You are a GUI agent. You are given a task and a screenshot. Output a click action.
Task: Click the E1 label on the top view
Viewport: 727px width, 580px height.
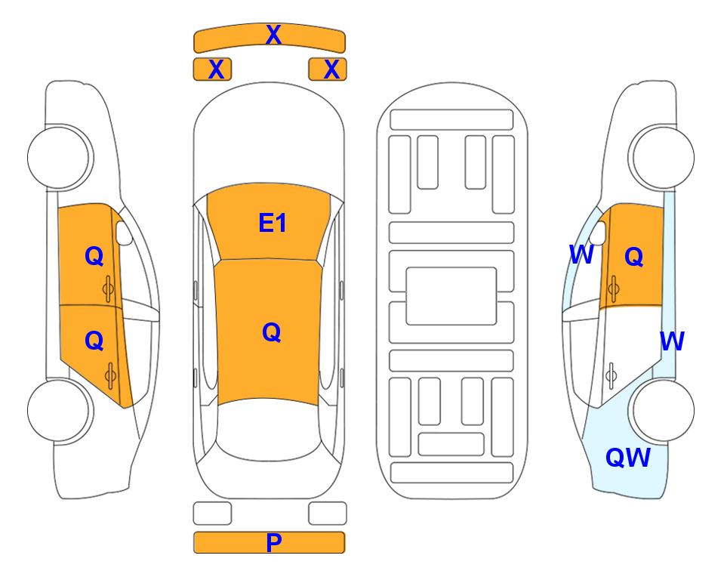point(273,223)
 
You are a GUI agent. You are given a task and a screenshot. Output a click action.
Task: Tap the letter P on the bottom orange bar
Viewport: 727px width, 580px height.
point(273,542)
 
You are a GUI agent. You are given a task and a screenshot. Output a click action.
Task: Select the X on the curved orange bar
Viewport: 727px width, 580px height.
point(273,35)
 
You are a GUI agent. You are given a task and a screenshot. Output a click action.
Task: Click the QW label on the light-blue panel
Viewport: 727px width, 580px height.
point(628,458)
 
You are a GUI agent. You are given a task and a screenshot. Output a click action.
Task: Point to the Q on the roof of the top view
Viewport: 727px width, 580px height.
point(271,332)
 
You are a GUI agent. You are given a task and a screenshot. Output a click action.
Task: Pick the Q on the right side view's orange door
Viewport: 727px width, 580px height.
point(634,256)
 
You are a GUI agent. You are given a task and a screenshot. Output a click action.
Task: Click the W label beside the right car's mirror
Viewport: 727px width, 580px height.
point(581,255)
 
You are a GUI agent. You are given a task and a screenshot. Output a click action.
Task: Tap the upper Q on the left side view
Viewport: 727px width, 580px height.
point(94,256)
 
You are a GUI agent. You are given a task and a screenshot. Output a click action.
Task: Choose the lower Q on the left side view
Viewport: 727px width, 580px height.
point(94,341)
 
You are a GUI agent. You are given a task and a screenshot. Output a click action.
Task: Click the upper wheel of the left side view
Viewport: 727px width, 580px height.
point(60,157)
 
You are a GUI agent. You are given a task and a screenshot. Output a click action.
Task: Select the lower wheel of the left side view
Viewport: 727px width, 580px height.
point(60,410)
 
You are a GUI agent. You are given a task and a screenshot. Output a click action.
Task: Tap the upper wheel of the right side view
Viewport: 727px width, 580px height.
point(661,157)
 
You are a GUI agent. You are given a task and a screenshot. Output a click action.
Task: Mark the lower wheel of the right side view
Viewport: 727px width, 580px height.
point(662,410)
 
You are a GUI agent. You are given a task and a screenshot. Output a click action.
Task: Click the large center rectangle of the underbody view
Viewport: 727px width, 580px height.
point(451,296)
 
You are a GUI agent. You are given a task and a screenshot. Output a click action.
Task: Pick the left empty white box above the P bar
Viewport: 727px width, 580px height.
point(212,514)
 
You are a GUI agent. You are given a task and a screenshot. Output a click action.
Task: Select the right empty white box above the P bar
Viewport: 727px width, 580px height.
point(328,514)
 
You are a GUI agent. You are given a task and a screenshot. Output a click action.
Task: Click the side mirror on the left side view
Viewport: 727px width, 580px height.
point(123,233)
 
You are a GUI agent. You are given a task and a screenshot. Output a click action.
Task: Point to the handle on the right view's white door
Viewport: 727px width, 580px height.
point(611,376)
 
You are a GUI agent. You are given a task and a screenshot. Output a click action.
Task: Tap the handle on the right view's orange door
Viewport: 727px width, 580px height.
point(613,288)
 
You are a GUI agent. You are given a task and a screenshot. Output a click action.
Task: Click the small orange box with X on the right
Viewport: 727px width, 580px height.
point(328,69)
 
